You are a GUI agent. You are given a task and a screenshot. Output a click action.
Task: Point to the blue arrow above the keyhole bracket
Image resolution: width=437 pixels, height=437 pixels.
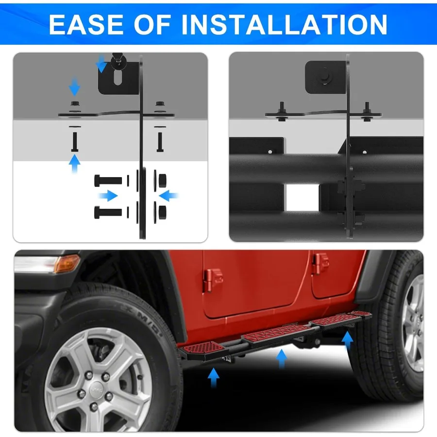[101, 64]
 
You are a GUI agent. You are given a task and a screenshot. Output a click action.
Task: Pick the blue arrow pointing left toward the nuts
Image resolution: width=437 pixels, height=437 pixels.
[168, 196]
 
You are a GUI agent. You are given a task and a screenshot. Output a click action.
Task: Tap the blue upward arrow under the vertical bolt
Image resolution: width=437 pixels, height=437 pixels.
[74, 165]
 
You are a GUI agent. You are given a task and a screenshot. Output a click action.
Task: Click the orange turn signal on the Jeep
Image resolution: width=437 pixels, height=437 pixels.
[67, 264]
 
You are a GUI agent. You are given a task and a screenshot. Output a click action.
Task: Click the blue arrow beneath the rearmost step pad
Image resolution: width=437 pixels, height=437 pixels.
[348, 340]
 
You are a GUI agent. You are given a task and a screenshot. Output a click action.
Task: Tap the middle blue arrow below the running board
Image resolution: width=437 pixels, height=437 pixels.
[281, 360]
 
